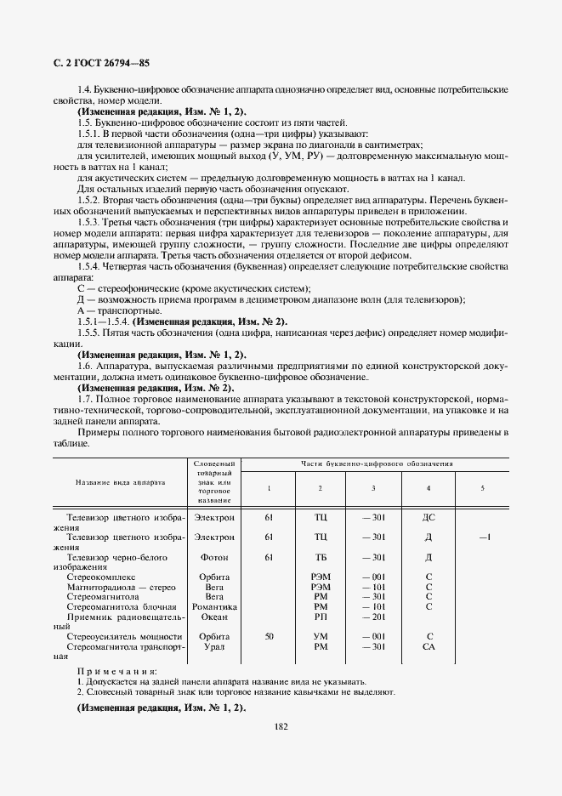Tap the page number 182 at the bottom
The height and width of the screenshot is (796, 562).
[x=281, y=725]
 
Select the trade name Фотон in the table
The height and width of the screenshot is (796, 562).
[x=215, y=557]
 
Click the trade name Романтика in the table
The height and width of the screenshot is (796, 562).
[x=215, y=606]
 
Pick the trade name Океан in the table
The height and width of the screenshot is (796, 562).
[x=215, y=617]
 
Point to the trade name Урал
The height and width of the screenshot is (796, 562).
[x=215, y=646]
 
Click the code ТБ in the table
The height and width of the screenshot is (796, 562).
[x=321, y=557]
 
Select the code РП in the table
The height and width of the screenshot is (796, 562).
[x=321, y=617]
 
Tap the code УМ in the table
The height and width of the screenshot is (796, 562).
[x=321, y=636]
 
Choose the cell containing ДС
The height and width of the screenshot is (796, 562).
[x=429, y=517]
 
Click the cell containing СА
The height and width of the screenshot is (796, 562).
[x=429, y=646]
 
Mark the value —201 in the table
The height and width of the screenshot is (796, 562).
[x=373, y=617]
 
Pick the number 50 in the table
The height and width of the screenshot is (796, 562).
[x=269, y=636]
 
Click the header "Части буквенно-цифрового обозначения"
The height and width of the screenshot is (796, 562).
[x=375, y=464]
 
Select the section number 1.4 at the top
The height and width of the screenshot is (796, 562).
[x=83, y=89]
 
